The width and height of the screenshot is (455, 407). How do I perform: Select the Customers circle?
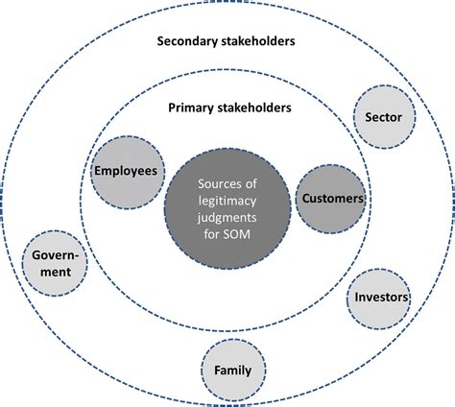pyautogui.click(x=331, y=198)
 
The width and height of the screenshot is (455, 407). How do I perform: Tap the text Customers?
pyautogui.click(x=331, y=198)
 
